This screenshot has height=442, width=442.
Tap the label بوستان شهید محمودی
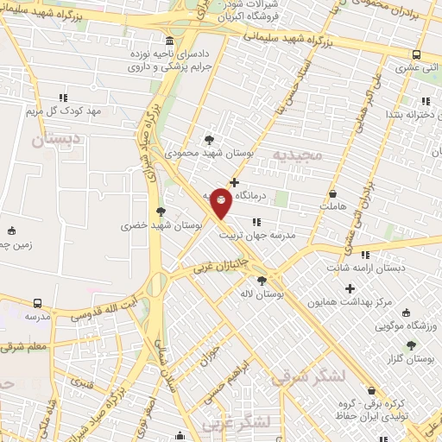(209, 153)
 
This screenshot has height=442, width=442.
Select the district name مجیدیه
(297, 155)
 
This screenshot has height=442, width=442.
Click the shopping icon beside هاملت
(332, 193)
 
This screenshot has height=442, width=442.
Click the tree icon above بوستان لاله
(262, 280)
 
